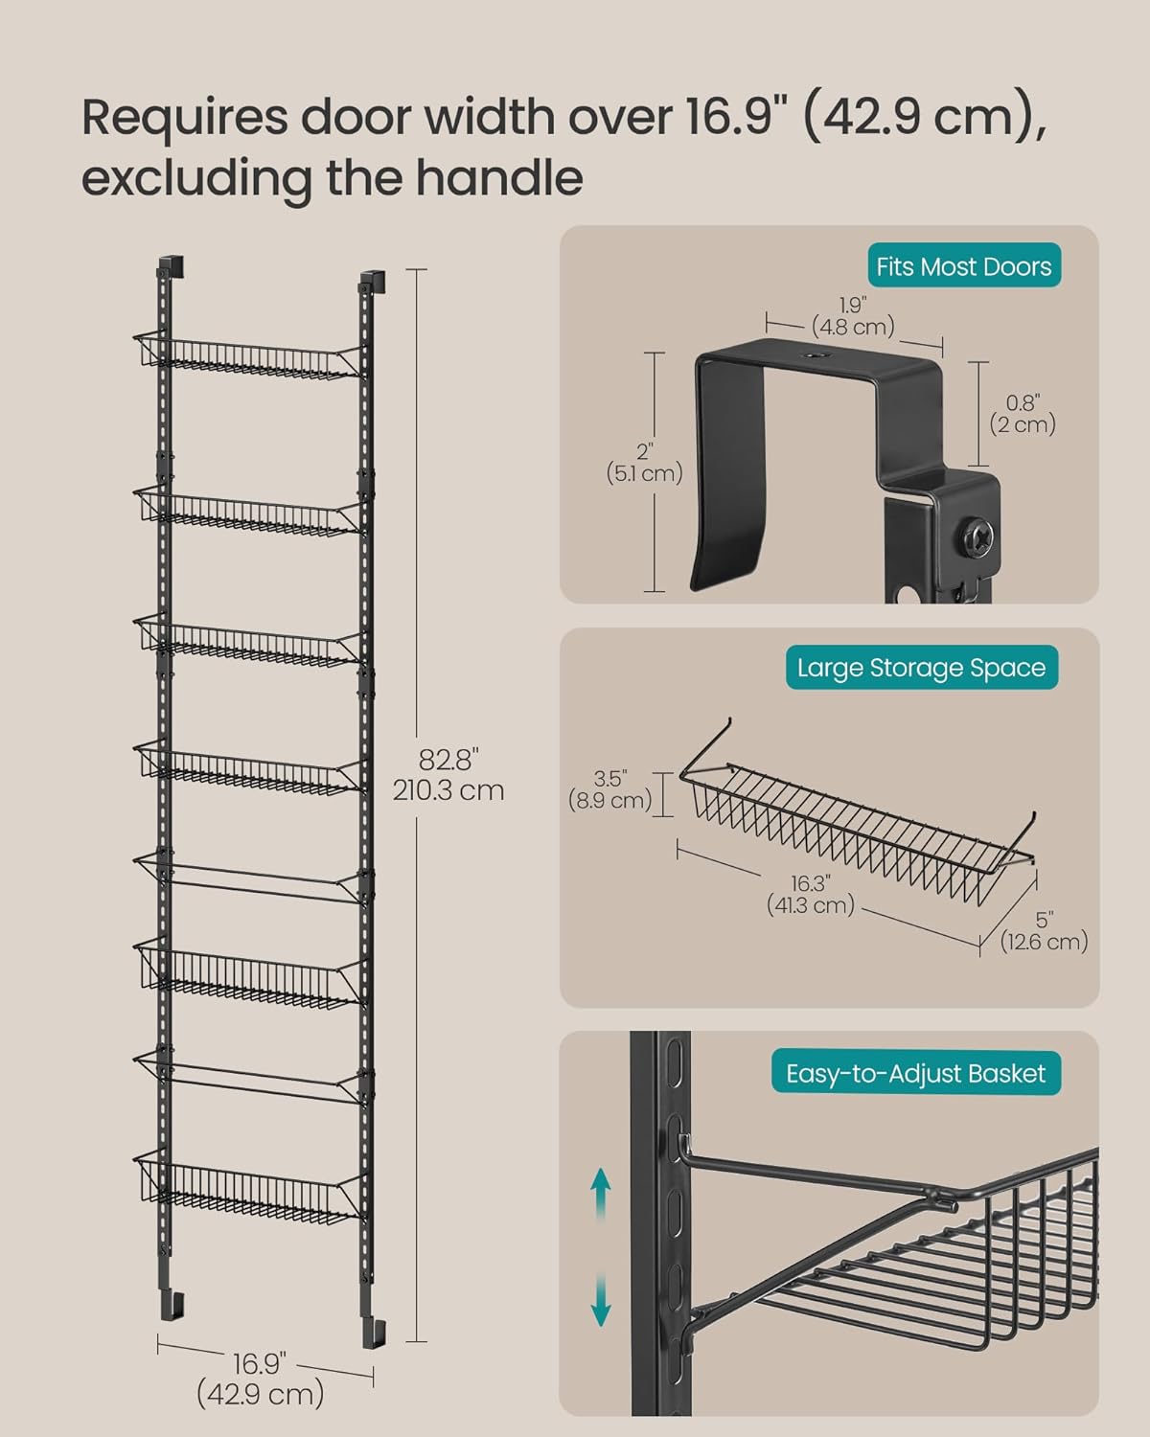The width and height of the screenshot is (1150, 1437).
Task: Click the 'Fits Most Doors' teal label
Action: point(963,265)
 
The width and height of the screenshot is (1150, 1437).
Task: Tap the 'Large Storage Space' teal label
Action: point(922,668)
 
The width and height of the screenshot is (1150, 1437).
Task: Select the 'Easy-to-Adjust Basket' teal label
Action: point(915,1073)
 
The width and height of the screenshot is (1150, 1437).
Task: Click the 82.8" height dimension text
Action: point(448,775)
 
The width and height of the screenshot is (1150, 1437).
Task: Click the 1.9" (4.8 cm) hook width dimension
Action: point(853,316)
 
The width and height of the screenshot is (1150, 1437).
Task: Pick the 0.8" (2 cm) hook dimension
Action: point(1023,414)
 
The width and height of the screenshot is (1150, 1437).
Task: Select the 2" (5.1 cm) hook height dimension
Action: point(644,463)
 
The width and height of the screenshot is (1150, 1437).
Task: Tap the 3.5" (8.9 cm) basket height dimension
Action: point(609,789)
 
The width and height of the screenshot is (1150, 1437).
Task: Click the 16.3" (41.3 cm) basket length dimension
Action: point(811,894)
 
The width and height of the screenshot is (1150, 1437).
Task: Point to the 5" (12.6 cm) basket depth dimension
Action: point(1044,930)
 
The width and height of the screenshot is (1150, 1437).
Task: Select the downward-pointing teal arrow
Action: point(601,1298)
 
